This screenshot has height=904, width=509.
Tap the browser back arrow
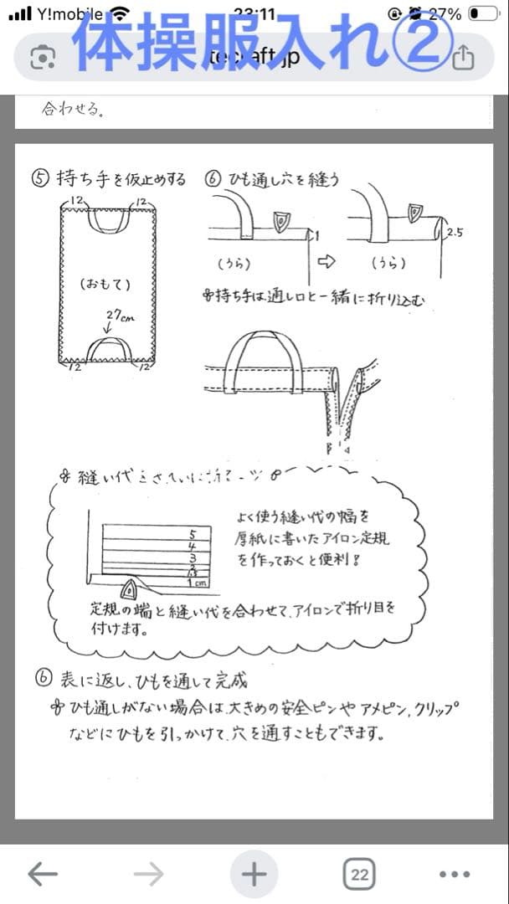point(43,874)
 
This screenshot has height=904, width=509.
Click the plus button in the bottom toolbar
point(254,874)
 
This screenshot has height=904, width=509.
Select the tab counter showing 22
point(359,874)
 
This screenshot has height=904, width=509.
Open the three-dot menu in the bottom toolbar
point(455,874)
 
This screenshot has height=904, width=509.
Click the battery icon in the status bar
point(484,13)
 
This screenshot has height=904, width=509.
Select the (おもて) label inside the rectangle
point(105,284)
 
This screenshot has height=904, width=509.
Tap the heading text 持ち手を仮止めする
point(121,179)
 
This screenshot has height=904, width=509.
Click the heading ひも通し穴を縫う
point(282,179)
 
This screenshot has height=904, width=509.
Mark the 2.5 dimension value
point(455,233)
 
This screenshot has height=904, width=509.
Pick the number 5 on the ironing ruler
point(193,532)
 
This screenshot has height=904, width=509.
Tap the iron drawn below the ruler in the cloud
point(132,589)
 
